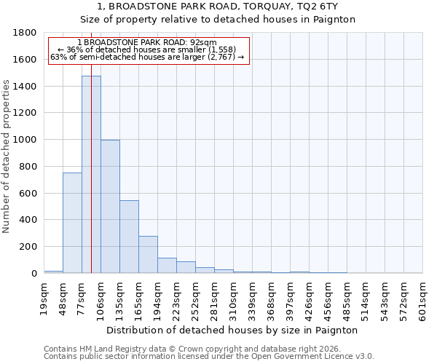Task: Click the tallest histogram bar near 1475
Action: (x=91, y=175)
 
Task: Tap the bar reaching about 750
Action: (x=72, y=223)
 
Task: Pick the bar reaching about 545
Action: (x=129, y=237)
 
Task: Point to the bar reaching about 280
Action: (x=148, y=254)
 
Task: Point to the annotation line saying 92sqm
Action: (x=146, y=43)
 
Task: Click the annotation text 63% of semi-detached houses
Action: (x=148, y=57)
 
